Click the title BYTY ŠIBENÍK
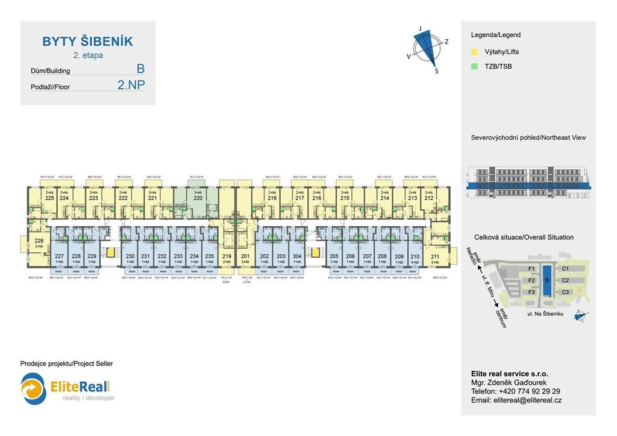[87, 42]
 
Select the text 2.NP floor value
[131, 86]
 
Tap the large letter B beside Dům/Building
[140, 69]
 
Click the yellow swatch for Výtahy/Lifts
[474, 52]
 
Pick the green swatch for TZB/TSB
[474, 66]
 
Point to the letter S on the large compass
[437, 71]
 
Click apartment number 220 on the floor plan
[198, 197]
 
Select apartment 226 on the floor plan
[39, 240]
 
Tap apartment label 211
[435, 257]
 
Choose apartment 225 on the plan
[49, 198]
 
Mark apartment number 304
[297, 257]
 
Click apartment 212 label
[428, 198]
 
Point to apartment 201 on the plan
[245, 257]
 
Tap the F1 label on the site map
[531, 268]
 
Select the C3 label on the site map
[565, 292]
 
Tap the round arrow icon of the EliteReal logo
[34, 388]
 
